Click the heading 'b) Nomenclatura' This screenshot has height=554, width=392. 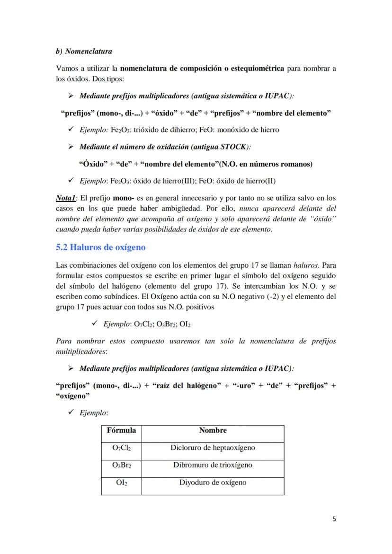pos(84,51)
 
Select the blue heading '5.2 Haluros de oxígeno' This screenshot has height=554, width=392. pos(100,247)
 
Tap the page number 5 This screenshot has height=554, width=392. pos(334,519)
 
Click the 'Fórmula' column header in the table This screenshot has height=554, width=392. pos(122,430)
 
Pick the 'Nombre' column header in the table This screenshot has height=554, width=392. pos(213,430)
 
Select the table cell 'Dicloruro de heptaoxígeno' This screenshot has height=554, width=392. pos(213,448)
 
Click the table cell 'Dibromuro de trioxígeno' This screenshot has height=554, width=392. pos(213,465)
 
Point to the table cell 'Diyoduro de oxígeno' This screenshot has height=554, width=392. pos(213,483)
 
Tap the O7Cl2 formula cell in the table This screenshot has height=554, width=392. pos(122,448)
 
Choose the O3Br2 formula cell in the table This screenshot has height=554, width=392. pos(122,466)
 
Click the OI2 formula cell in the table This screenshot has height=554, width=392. pos(122,483)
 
